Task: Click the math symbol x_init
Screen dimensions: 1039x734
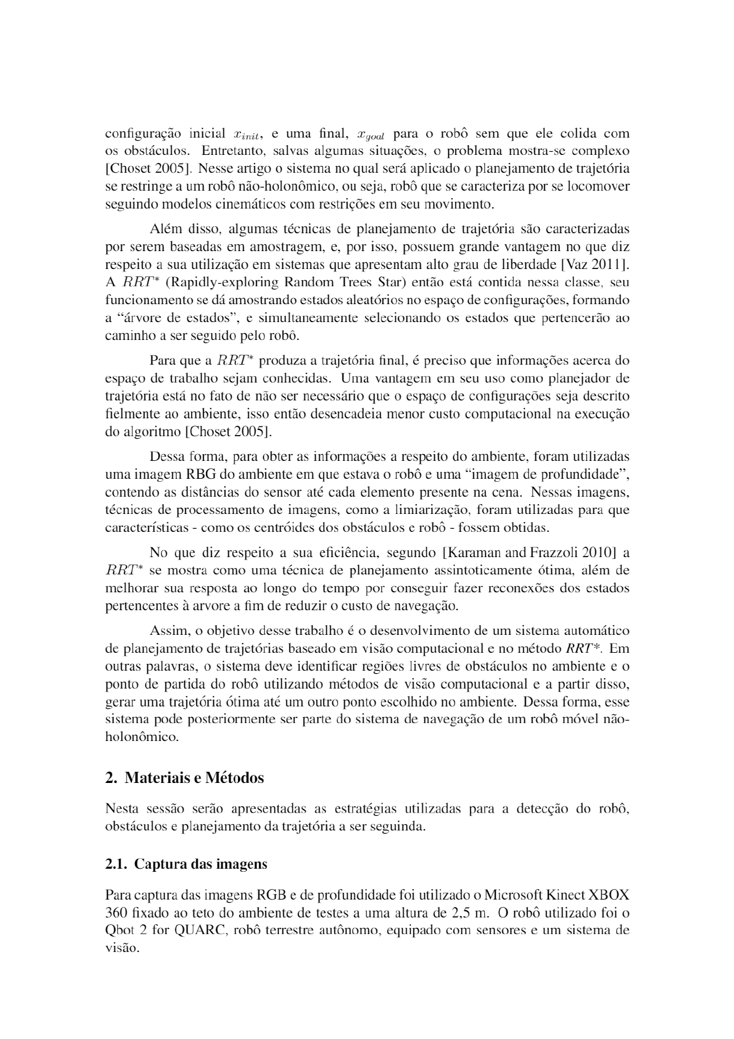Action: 249,135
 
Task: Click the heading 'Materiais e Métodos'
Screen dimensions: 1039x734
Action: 194,777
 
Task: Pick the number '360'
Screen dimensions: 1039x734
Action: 116,913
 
